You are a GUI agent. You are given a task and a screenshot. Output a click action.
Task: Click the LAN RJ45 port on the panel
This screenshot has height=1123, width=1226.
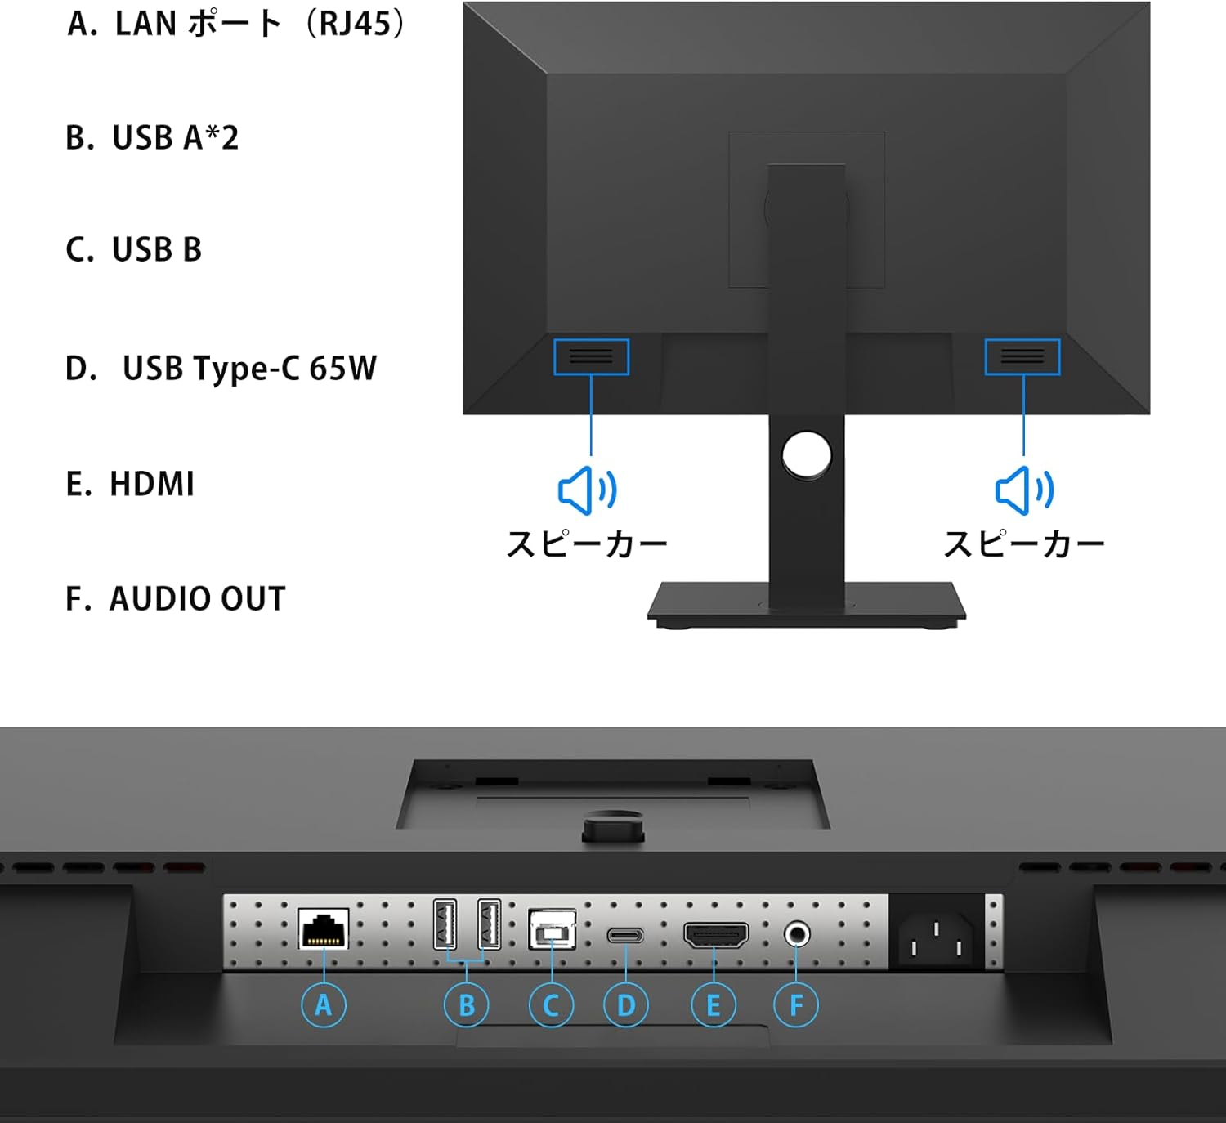[324, 928]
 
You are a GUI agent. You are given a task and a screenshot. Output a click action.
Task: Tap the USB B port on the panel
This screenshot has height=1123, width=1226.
[553, 930]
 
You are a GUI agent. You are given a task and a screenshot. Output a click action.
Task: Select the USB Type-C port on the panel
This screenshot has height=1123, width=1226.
[625, 935]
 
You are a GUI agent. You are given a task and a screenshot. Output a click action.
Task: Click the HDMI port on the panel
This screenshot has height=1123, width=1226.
[715, 935]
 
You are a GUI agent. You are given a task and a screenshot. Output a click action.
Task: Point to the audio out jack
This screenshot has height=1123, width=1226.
[796, 933]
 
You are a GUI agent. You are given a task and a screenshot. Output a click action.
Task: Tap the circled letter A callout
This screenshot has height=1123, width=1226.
[324, 1004]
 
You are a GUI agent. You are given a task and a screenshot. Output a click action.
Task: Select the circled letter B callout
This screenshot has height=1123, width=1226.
[467, 1004]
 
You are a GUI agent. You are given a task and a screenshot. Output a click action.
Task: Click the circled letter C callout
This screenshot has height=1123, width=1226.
[552, 1004]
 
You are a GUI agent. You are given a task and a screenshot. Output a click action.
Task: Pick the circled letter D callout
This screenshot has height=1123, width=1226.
[626, 1004]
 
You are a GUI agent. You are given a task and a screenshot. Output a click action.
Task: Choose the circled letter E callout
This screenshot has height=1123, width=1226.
[714, 1004]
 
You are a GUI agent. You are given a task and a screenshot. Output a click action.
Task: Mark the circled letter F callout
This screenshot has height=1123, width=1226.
[796, 1004]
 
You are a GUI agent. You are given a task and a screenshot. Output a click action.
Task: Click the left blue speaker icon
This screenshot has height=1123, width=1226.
[587, 490]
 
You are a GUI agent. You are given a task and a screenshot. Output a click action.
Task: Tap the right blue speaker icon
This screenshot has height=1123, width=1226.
[1024, 490]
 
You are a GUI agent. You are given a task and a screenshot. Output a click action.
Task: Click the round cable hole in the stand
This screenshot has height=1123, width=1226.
[806, 455]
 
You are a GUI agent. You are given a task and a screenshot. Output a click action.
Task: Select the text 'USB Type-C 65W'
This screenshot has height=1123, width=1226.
[249, 369]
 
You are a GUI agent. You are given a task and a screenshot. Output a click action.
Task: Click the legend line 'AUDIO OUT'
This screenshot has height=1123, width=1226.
[197, 599]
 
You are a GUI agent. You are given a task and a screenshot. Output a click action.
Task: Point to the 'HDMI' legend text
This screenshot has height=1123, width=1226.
[152, 484]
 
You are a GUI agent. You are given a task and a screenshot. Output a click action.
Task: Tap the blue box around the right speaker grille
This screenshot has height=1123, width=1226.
[1022, 357]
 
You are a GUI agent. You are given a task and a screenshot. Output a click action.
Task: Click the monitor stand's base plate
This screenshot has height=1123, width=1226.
[807, 603]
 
